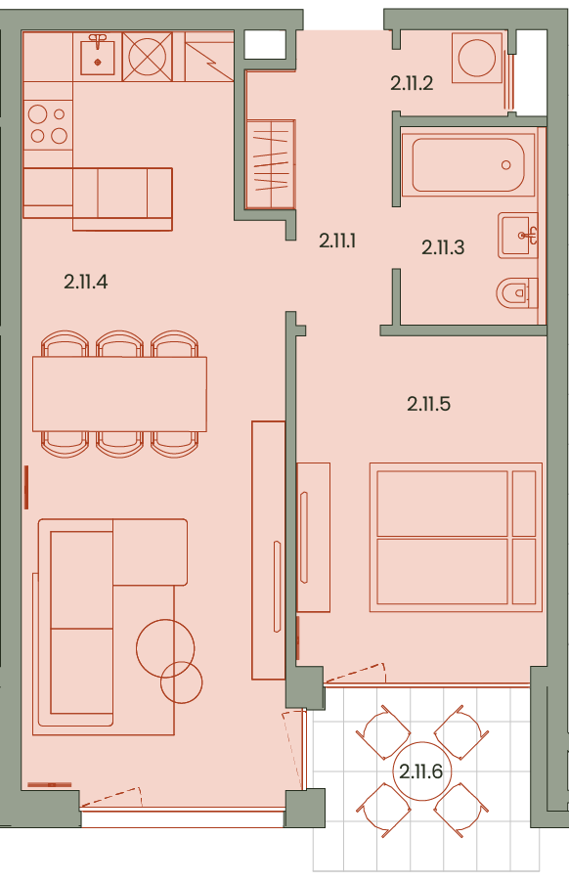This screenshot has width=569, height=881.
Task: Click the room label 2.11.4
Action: [x=85, y=282]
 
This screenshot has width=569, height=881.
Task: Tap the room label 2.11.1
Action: [x=337, y=242]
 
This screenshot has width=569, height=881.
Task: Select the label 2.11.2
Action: [x=412, y=84]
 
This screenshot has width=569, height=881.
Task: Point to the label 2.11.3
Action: [x=443, y=247]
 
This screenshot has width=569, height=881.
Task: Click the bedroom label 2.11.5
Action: [x=428, y=404]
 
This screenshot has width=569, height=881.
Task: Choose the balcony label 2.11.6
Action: [x=420, y=771]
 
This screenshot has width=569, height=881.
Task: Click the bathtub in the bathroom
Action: [x=468, y=164]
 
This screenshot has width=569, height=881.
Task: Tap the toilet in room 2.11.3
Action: [x=517, y=292]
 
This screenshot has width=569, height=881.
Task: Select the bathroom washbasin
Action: [x=517, y=236]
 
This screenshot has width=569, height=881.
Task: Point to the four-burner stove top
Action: [x=48, y=125]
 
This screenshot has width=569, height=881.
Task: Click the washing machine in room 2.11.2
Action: [x=477, y=58]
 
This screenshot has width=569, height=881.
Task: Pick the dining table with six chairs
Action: [x=119, y=394]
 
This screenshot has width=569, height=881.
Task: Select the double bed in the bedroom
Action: [x=456, y=537]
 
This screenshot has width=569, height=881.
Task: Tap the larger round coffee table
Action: [x=165, y=648]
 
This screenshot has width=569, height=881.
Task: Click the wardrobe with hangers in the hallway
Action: [x=271, y=163]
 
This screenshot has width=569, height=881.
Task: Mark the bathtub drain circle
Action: [x=506, y=165]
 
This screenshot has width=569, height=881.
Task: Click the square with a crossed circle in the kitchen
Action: [x=148, y=57]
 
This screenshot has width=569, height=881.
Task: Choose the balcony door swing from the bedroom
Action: [x=355, y=673]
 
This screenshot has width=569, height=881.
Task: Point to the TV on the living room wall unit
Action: [x=277, y=587]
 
